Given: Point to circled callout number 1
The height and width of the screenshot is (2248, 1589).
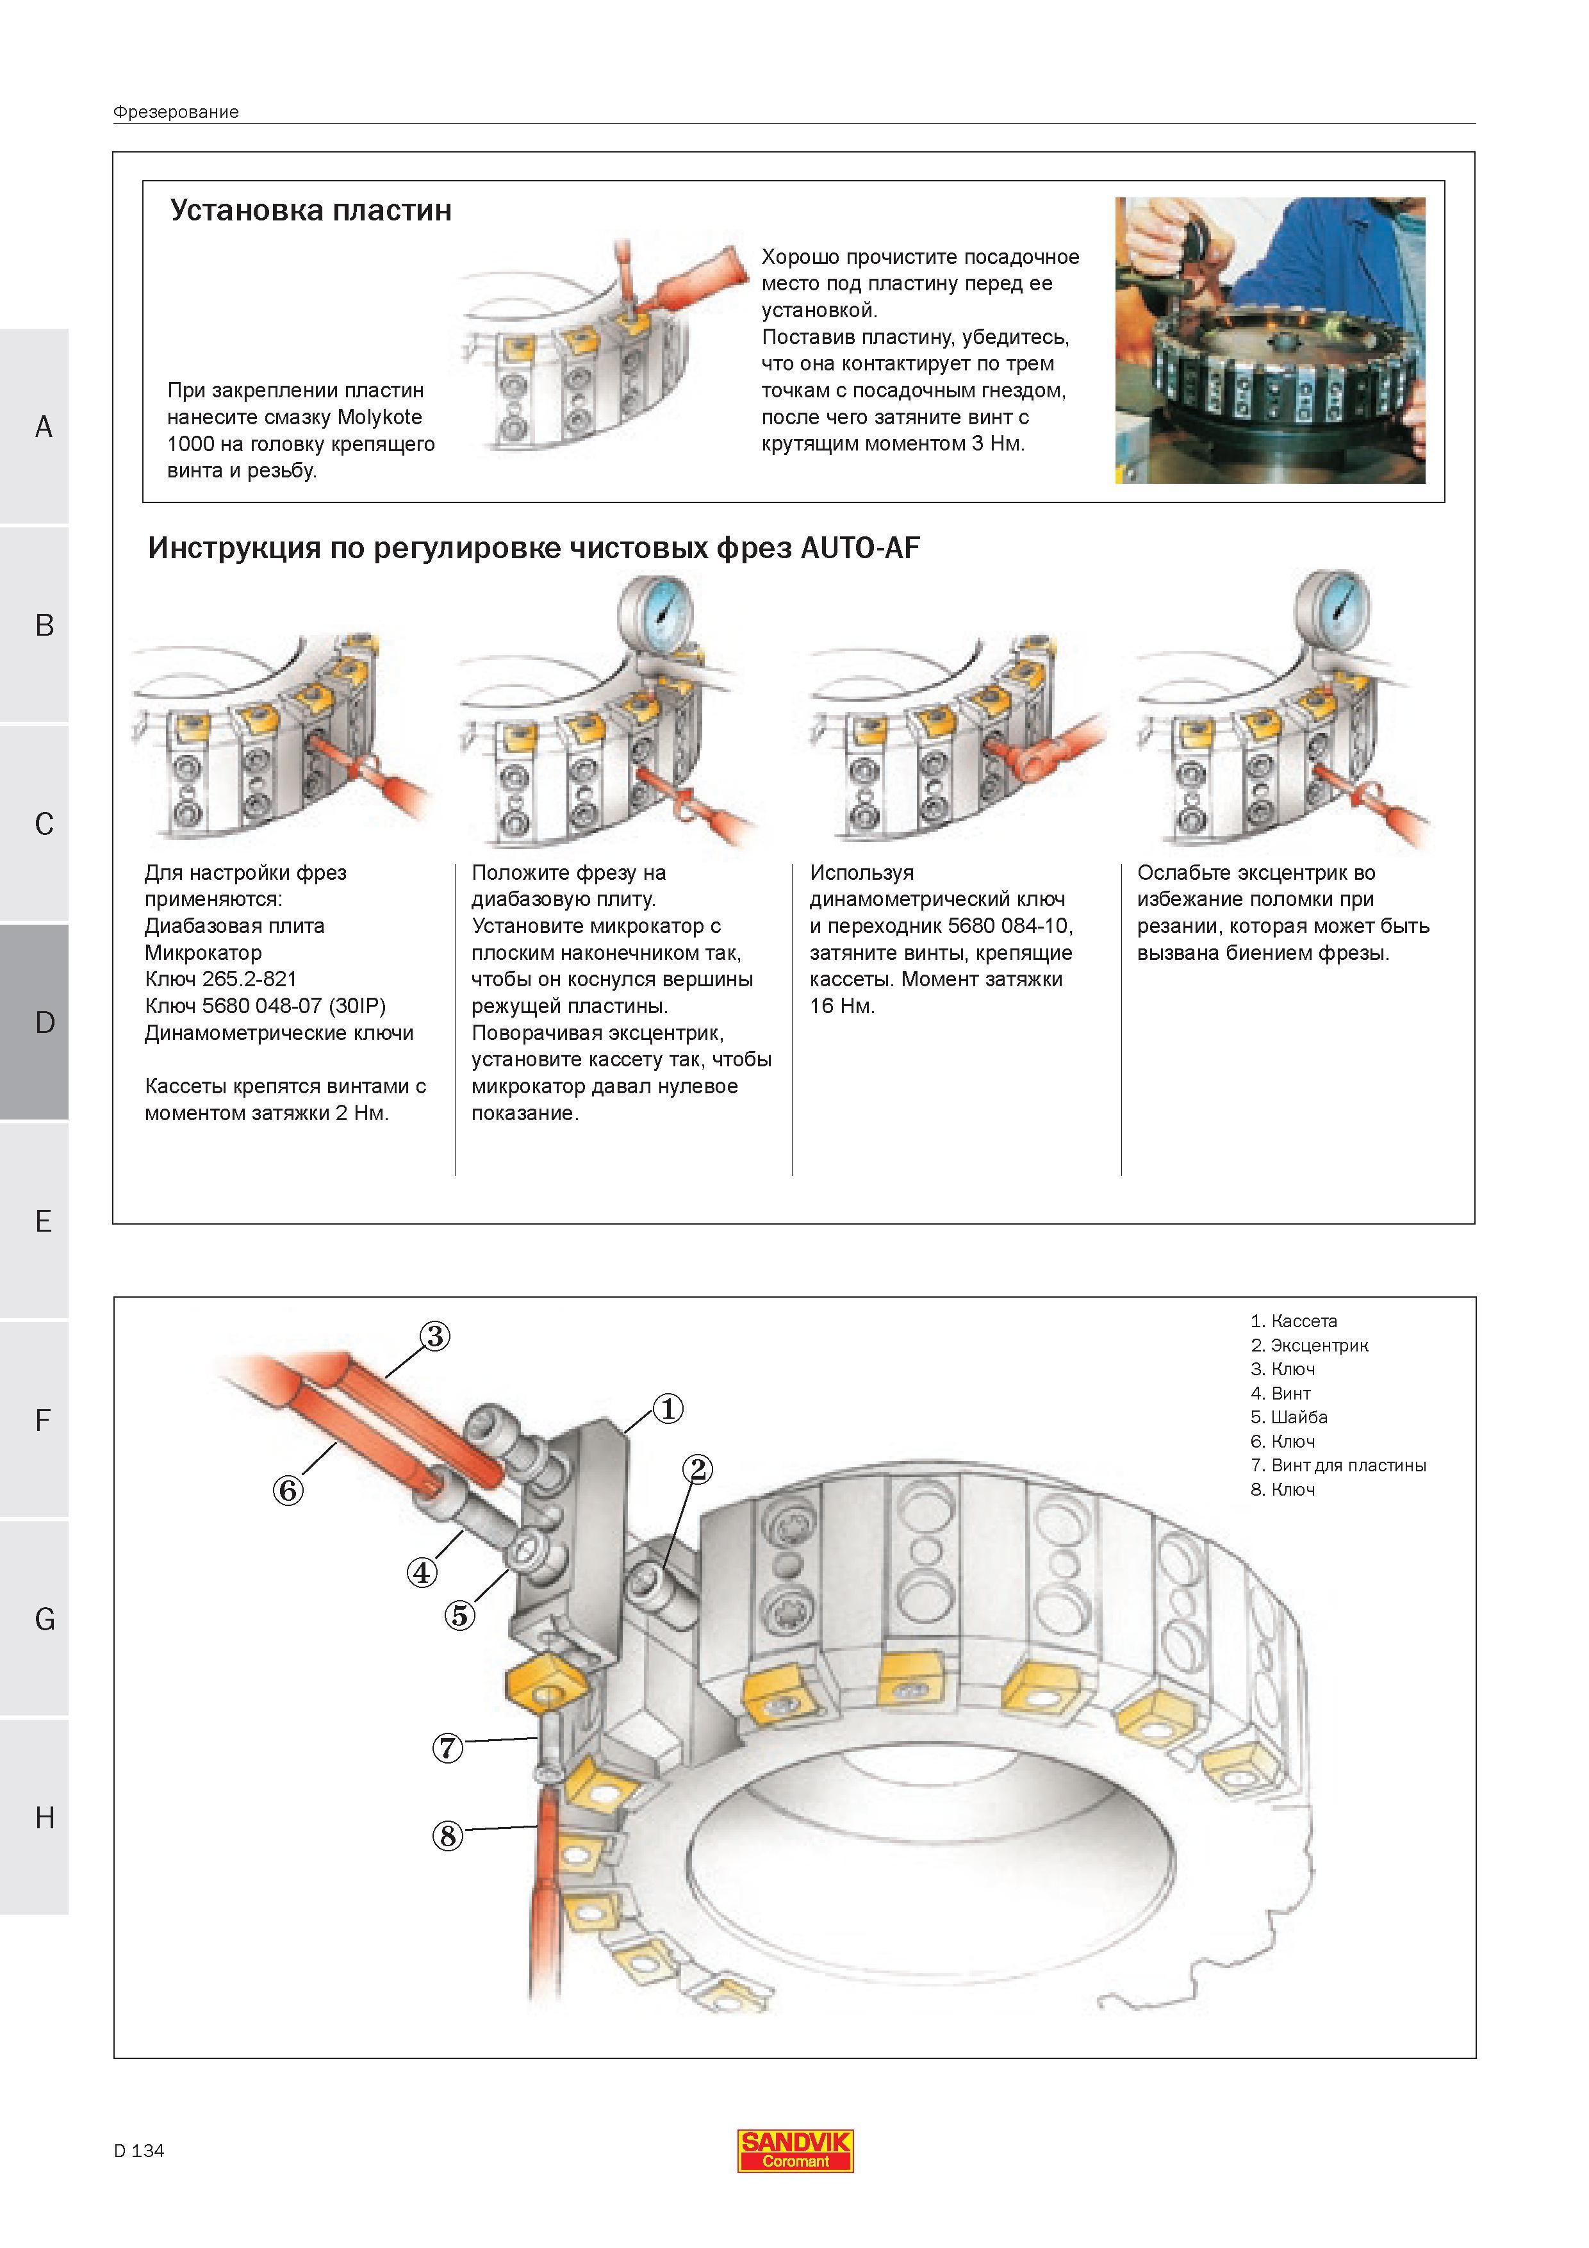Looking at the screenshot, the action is [667, 1409].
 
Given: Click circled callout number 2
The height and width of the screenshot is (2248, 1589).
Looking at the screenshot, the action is [697, 1469].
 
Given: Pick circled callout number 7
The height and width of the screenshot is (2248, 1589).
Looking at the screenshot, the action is [447, 1747].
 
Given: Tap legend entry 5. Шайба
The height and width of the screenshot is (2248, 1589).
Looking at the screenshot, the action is [1289, 1417].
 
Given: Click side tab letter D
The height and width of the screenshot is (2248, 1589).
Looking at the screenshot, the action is [44, 1022].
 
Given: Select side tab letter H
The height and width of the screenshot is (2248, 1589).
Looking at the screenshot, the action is [44, 1817].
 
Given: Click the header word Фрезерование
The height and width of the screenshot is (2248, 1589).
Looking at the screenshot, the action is [176, 112].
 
